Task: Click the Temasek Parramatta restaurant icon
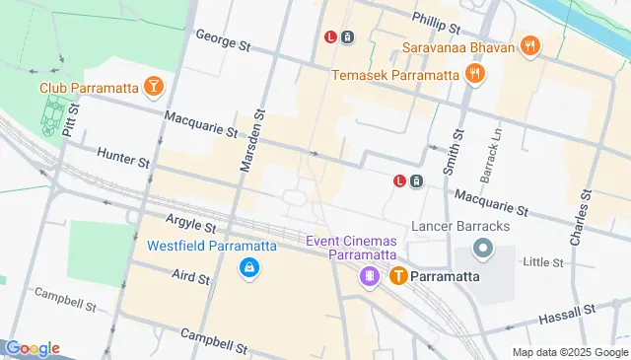(475, 74)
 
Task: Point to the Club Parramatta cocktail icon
(153, 88)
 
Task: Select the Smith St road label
(453, 154)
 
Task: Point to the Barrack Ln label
(486, 152)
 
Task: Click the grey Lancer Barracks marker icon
(483, 249)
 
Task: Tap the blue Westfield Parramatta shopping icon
(249, 267)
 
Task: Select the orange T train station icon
(398, 276)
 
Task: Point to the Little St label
(542, 262)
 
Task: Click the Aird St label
(190, 278)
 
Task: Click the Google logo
(33, 348)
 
